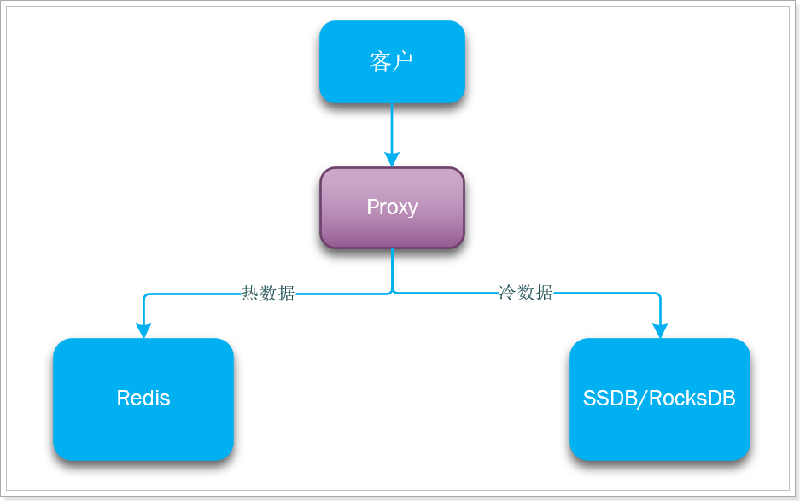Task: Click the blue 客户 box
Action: click(x=392, y=61)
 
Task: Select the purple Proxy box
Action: click(x=392, y=207)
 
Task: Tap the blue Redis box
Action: click(x=143, y=399)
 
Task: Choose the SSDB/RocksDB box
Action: click(x=659, y=399)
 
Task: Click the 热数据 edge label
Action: click(x=268, y=294)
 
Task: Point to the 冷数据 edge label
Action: click(x=525, y=293)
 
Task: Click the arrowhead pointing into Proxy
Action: click(x=392, y=160)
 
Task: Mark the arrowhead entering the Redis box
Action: click(x=143, y=330)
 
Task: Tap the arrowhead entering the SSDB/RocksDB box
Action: click(x=660, y=330)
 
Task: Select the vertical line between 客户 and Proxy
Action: click(x=392, y=128)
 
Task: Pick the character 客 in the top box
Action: click(x=381, y=61)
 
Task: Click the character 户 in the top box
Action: click(x=403, y=61)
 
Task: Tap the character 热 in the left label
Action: click(x=250, y=294)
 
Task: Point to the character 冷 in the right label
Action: click(x=507, y=293)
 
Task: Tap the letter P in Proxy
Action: click(x=372, y=207)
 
